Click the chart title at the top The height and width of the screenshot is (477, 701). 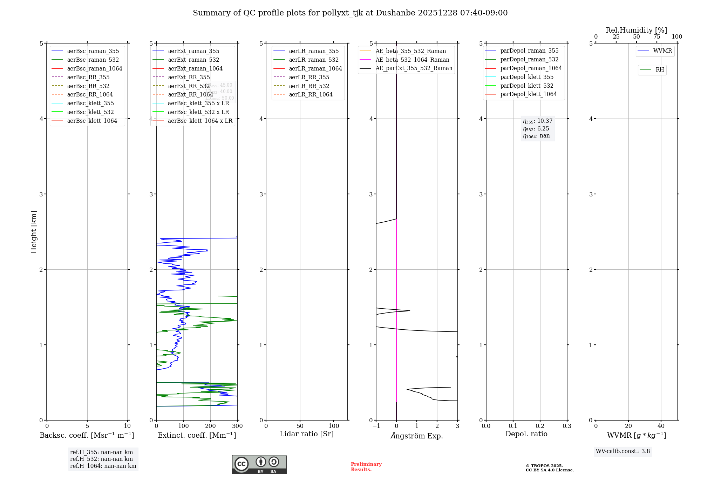click(350, 13)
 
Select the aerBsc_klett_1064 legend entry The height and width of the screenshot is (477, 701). click(92, 121)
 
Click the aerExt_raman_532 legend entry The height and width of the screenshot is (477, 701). click(193, 60)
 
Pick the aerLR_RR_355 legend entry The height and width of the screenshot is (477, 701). click(309, 77)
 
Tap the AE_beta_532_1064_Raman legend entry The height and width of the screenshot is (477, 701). click(412, 60)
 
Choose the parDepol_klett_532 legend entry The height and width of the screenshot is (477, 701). click(527, 86)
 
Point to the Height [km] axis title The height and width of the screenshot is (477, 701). click(34, 232)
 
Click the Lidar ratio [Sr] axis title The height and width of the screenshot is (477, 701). click(307, 434)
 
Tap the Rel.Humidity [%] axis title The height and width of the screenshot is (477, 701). click(636, 30)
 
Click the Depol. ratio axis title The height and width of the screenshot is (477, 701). click(526, 434)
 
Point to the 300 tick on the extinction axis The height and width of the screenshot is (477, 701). click(237, 426)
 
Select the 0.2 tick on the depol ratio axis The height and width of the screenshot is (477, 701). click(540, 426)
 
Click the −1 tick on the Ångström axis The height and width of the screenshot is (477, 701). click(376, 426)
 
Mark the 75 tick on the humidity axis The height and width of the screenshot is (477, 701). click(656, 37)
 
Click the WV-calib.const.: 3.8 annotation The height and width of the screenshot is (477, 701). click(623, 451)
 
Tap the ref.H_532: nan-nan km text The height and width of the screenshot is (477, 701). click(101, 459)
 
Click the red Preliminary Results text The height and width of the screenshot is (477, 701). click(366, 467)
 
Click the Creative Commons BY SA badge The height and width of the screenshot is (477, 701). click(259, 465)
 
